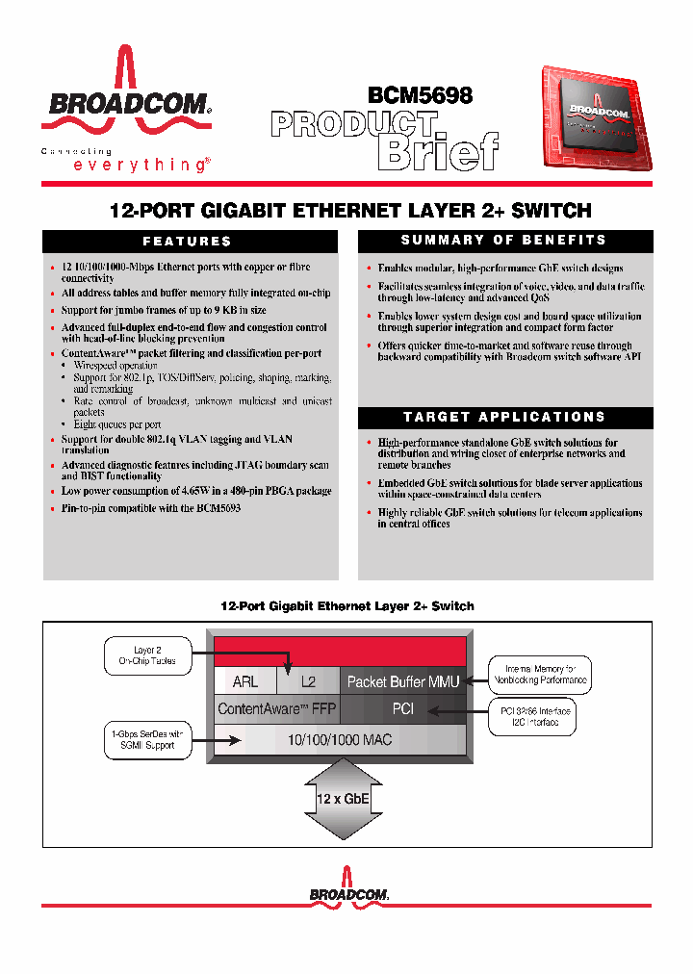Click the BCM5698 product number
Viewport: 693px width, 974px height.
coord(420,95)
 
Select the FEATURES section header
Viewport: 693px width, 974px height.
coord(188,242)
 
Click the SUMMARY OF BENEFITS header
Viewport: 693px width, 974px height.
coord(504,241)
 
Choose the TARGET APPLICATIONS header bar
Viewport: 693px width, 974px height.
coord(504,417)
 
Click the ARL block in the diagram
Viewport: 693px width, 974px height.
coord(245,681)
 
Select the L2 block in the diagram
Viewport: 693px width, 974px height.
coord(308,681)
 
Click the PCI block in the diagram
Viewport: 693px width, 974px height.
coord(403,709)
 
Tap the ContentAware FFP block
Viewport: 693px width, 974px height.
coord(276,709)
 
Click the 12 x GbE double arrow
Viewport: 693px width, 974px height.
coord(343,800)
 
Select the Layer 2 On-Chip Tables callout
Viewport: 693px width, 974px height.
coord(147,655)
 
